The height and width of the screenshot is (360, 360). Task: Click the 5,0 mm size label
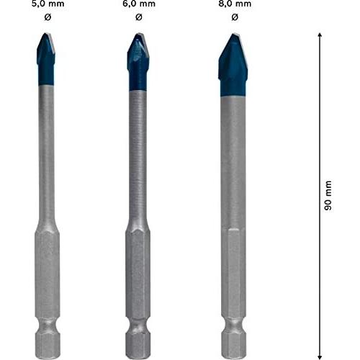click(46, 4)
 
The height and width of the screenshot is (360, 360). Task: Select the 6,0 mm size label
click(139, 4)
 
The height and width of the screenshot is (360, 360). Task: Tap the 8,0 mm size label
click(233, 4)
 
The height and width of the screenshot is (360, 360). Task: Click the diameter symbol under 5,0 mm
click(46, 17)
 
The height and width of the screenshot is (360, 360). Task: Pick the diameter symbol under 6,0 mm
click(139, 17)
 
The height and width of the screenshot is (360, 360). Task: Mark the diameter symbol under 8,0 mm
click(233, 17)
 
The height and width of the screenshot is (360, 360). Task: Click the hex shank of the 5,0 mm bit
click(46, 274)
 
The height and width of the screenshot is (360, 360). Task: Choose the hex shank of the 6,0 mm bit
click(139, 274)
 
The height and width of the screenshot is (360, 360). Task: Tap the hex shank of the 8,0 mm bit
click(233, 274)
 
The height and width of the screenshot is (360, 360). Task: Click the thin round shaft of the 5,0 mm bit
click(46, 158)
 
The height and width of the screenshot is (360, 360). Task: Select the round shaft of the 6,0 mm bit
click(139, 158)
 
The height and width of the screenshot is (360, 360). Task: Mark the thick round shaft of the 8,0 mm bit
click(233, 158)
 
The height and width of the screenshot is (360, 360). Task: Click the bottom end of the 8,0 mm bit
click(233, 353)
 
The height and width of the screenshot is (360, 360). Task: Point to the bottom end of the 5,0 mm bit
click(46, 353)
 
